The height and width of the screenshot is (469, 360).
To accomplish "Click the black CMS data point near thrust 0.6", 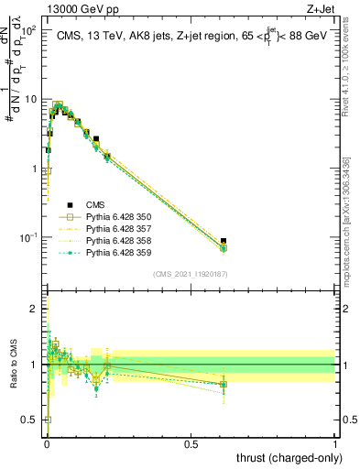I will tap(224, 241).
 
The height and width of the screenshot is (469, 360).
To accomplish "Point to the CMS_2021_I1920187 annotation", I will tap(191, 274).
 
